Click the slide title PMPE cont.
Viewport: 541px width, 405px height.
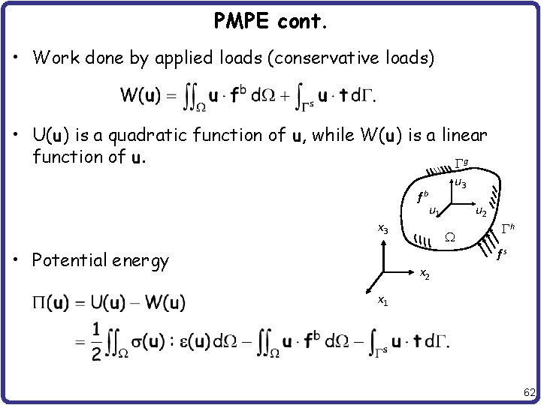(270, 22)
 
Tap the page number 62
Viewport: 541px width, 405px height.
(529, 392)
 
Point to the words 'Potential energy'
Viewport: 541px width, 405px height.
(101, 260)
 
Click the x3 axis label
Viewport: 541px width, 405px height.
(382, 229)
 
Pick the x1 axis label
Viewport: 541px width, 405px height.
(382, 301)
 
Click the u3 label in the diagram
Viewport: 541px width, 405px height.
(461, 184)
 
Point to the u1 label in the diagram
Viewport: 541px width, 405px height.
(434, 211)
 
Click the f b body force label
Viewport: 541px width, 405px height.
(422, 198)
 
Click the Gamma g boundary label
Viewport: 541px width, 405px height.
(461, 162)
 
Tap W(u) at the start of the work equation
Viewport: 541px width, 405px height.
(139, 95)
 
